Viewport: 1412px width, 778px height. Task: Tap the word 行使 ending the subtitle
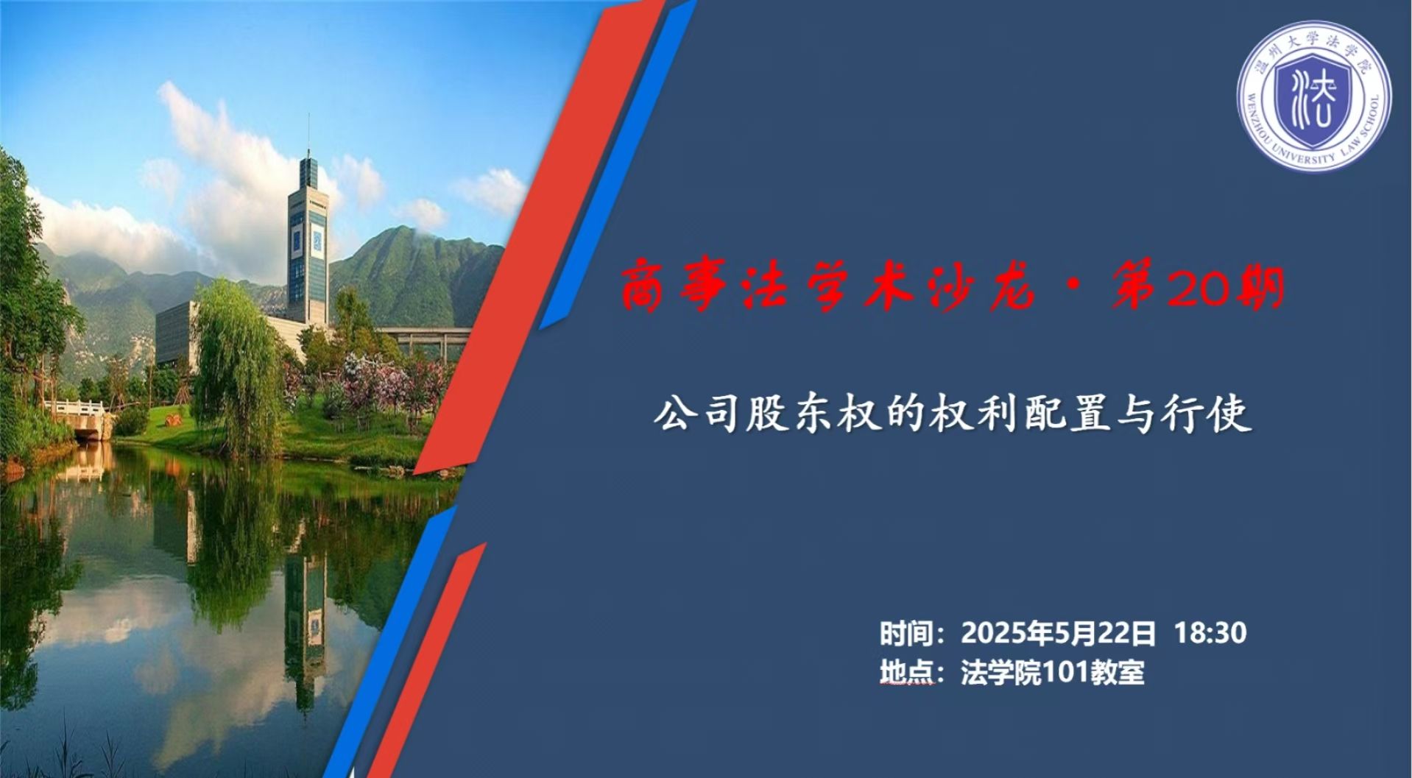(x=1207, y=414)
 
